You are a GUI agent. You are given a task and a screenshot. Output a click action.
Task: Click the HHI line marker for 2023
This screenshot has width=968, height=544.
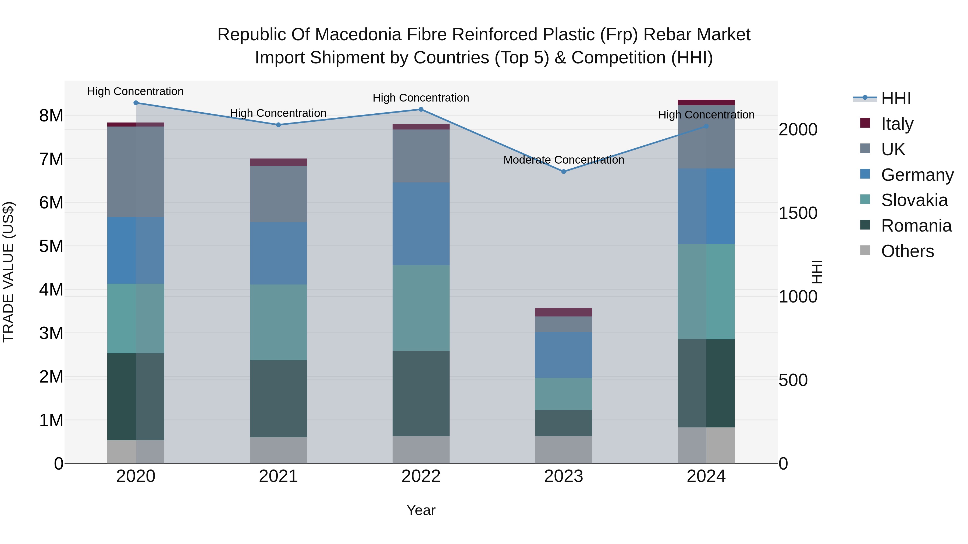(563, 172)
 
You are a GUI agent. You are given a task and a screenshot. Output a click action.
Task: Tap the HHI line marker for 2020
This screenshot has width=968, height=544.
(136, 103)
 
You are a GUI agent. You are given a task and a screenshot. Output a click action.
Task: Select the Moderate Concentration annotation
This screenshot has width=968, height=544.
(563, 160)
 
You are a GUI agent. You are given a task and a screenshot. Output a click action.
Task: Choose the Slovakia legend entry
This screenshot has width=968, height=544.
(914, 200)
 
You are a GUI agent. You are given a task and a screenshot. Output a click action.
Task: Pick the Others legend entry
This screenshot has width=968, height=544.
(907, 251)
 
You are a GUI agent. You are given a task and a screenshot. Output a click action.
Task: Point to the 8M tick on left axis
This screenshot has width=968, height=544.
(51, 116)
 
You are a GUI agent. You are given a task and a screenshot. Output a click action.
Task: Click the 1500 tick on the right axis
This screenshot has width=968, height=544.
(798, 213)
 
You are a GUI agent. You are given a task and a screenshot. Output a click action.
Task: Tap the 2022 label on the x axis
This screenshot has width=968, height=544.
(421, 476)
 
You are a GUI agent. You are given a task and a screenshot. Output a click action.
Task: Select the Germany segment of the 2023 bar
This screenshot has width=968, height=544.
(563, 355)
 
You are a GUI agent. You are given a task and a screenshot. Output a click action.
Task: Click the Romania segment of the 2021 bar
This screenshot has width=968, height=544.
(279, 399)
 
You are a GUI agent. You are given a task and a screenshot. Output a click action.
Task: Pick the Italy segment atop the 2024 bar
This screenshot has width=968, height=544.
(706, 103)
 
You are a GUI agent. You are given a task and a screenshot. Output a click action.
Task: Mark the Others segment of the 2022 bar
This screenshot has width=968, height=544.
(421, 450)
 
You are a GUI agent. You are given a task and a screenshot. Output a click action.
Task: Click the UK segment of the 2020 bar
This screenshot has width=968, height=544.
(136, 172)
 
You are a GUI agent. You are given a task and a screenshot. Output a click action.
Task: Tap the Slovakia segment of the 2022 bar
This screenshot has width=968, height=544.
(421, 308)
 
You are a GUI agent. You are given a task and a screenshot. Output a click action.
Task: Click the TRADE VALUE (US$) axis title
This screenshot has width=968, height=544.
(8, 272)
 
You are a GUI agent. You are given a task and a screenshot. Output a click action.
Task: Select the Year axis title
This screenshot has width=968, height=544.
(421, 510)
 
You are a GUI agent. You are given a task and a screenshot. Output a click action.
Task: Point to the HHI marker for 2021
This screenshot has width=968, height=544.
(279, 125)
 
